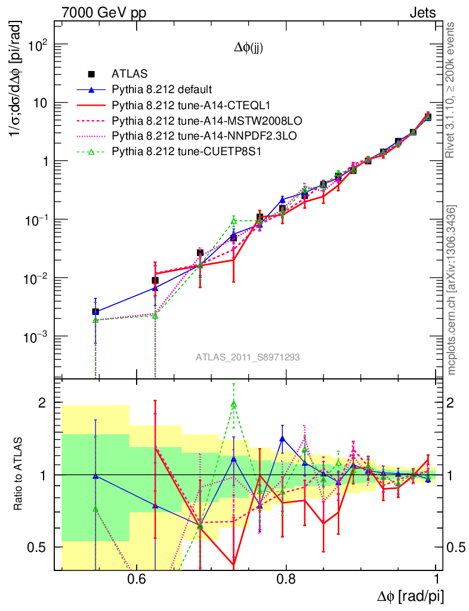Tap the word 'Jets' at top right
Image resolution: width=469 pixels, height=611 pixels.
(422, 12)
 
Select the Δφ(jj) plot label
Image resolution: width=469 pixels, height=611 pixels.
(248, 49)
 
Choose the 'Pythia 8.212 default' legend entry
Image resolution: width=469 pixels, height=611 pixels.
(162, 90)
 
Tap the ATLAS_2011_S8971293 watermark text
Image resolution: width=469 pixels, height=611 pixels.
(248, 357)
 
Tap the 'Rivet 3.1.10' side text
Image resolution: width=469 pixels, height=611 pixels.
(452, 90)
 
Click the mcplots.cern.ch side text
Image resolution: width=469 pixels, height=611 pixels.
(452, 289)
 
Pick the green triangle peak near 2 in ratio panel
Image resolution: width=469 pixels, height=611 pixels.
(234, 404)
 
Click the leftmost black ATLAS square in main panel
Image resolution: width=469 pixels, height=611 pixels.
(95, 311)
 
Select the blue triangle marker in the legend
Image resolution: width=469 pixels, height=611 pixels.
(91, 90)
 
